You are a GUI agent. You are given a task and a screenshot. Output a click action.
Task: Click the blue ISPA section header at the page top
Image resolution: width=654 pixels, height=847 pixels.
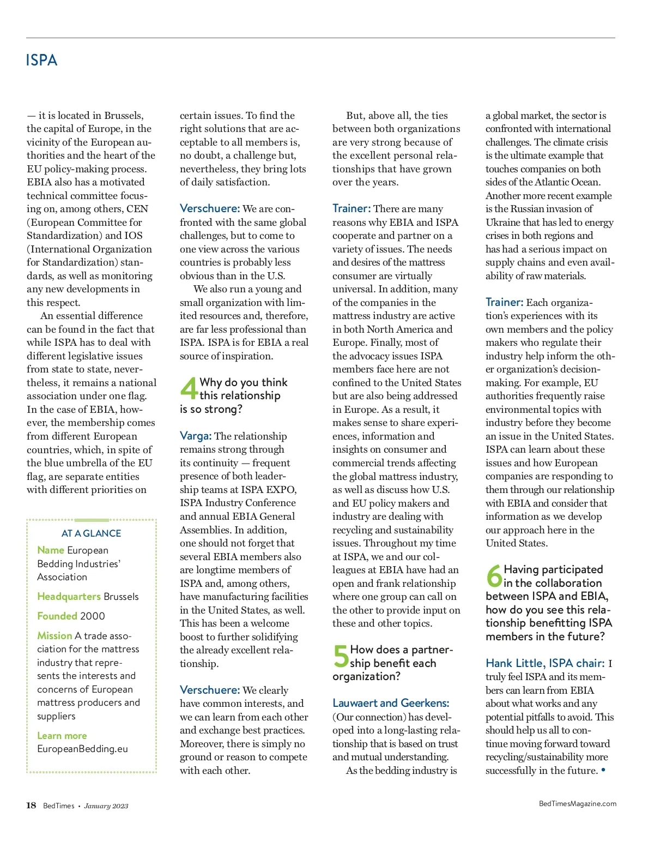(x=41, y=60)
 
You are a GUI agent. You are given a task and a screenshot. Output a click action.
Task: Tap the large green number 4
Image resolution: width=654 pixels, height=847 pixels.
(x=189, y=388)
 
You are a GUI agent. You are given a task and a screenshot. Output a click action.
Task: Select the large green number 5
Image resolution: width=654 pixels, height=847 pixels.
(x=341, y=656)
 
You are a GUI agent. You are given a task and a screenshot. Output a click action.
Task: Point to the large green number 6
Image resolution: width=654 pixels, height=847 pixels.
(x=494, y=575)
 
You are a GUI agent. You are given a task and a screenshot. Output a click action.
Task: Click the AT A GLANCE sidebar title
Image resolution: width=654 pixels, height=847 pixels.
(x=91, y=533)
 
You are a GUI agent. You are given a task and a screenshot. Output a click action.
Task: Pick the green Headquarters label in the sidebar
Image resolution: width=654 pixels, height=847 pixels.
(x=69, y=597)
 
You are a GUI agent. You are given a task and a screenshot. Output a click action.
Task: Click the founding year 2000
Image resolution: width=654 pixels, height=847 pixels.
(x=92, y=616)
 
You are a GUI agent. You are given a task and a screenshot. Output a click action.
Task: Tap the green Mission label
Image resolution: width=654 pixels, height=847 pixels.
(x=55, y=636)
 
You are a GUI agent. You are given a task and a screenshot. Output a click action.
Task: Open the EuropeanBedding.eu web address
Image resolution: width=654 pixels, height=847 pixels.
(x=82, y=749)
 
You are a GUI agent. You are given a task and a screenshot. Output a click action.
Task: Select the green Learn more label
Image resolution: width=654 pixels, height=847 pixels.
(x=62, y=736)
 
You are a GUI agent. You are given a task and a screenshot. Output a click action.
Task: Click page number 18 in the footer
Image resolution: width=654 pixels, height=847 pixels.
(x=31, y=806)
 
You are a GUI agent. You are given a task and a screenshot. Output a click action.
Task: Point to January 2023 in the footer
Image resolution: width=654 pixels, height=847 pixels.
(x=106, y=806)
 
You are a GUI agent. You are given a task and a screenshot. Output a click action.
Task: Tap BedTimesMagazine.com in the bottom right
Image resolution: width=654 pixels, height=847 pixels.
(x=577, y=803)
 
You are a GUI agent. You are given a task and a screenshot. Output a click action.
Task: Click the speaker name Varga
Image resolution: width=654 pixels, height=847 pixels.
(x=195, y=436)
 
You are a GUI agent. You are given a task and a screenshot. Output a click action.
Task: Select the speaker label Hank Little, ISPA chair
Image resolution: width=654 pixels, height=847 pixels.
(x=544, y=663)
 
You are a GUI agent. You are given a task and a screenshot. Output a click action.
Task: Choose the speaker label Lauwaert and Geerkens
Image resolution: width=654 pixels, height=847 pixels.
(x=391, y=703)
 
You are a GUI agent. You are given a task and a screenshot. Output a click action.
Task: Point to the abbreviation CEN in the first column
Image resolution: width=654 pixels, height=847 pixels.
(x=137, y=209)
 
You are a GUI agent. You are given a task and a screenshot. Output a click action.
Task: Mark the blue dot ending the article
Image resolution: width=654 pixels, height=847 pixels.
(x=603, y=770)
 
